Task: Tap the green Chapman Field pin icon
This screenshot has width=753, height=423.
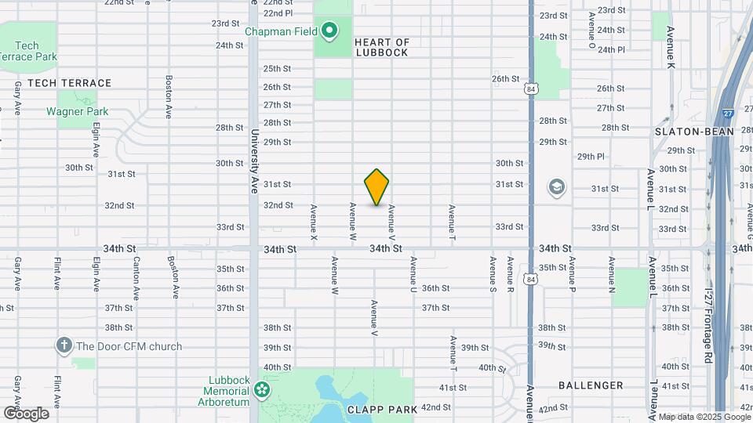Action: (x=330, y=31)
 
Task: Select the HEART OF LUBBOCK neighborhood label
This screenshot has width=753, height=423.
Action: (x=382, y=47)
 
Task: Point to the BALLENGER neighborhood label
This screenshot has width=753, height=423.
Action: (x=591, y=385)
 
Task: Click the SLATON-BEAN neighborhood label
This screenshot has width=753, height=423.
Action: (x=694, y=132)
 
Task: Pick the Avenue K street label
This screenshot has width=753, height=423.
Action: (x=671, y=48)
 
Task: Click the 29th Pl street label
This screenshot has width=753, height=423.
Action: (x=591, y=157)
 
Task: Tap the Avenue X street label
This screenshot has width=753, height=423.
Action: (x=314, y=222)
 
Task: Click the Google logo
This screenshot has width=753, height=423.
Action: (x=25, y=413)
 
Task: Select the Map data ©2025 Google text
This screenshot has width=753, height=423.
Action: (x=703, y=417)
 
